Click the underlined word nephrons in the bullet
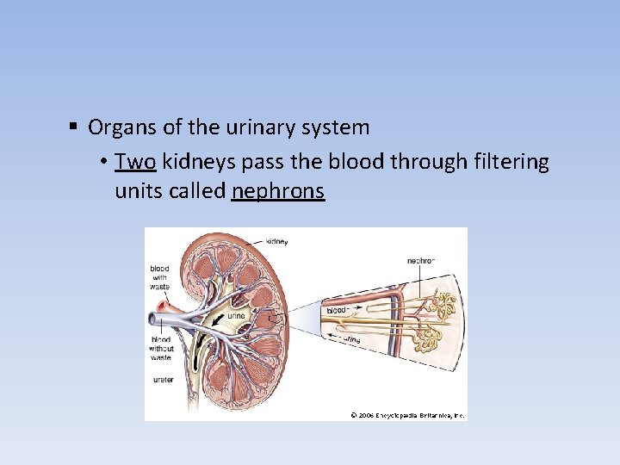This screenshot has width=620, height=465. click(277, 190)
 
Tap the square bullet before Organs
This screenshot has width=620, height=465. click(75, 128)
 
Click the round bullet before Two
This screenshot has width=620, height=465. click(102, 162)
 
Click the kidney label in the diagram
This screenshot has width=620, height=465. click(276, 241)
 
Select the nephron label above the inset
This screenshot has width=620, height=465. click(421, 259)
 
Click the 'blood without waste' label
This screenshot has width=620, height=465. click(161, 349)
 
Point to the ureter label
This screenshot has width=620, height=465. click(163, 379)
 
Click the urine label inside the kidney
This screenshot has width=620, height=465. click(236, 316)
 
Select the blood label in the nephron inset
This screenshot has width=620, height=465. click(336, 309)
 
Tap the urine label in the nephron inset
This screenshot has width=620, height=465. click(351, 339)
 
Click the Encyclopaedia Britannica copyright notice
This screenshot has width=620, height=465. click(407, 415)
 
